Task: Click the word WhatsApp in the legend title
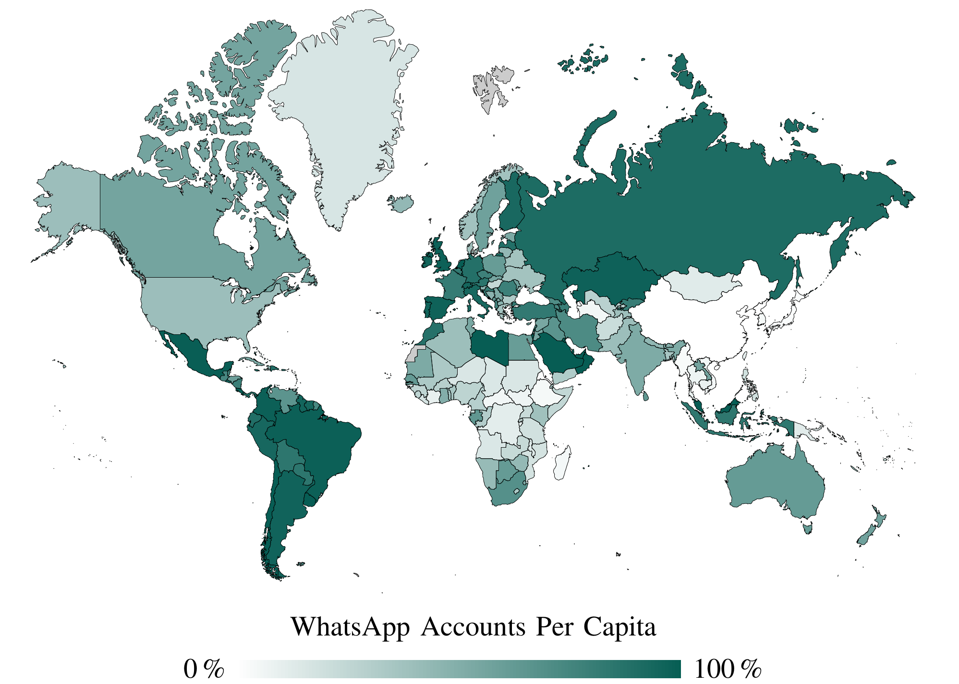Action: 350,627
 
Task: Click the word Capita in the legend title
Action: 619,627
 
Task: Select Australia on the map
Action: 773,485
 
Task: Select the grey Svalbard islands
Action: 490,89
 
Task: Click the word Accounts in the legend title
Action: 473,627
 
